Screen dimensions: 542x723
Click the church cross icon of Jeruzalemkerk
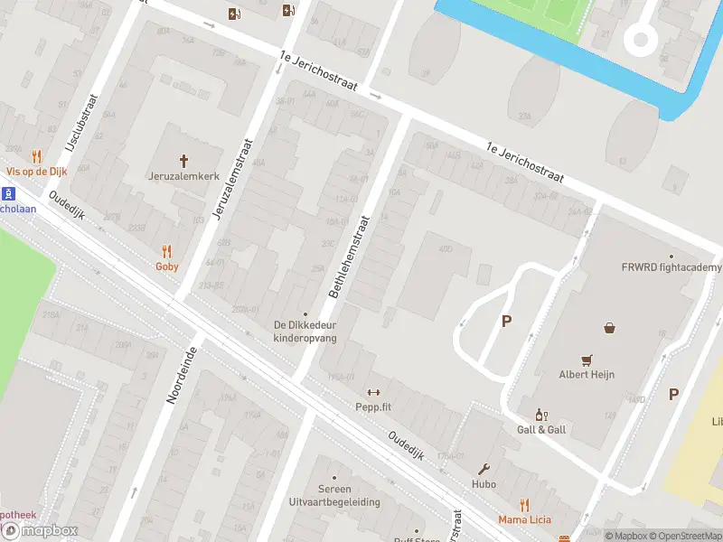pyautogui.click(x=184, y=161)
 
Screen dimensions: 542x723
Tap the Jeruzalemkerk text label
pyautogui.click(x=184, y=175)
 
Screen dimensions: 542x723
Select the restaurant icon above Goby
pyautogui.click(x=166, y=252)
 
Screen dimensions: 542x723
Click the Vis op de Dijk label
pyautogui.click(x=36, y=170)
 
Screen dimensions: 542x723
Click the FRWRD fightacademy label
pyautogui.click(x=671, y=267)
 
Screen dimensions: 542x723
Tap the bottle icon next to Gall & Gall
pyautogui.click(x=541, y=415)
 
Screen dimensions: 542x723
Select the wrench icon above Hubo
pyautogui.click(x=484, y=469)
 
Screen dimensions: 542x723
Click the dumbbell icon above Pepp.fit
pyautogui.click(x=373, y=391)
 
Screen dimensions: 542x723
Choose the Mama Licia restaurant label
pyautogui.click(x=524, y=520)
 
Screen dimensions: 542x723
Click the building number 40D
pyautogui.click(x=444, y=248)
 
